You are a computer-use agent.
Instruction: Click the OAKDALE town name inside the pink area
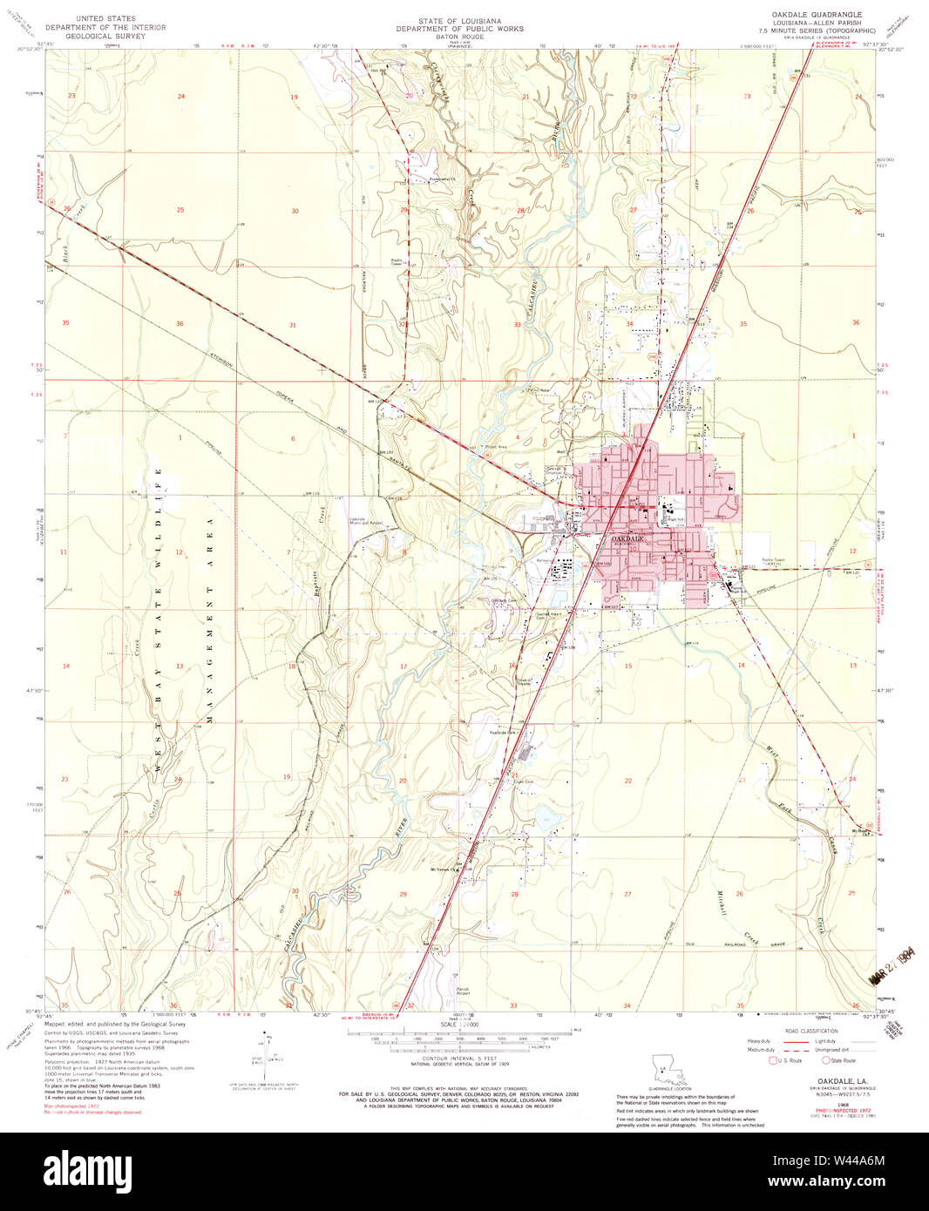(627, 540)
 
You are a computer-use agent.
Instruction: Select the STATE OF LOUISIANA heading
(459, 20)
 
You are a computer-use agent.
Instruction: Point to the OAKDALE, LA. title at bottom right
(824, 1081)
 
